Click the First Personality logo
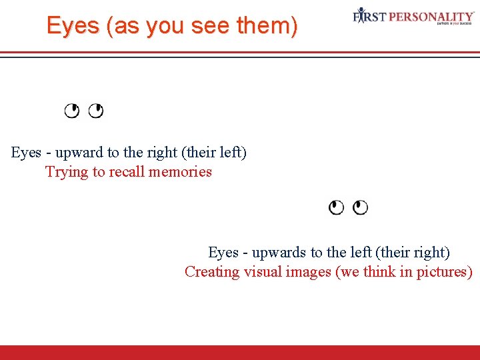pos(413,17)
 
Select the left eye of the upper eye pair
pos(71,111)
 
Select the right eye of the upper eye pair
pos(96,111)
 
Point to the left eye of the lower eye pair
pos(337,207)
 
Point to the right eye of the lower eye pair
pos(360,207)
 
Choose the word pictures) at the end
pos(445,272)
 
